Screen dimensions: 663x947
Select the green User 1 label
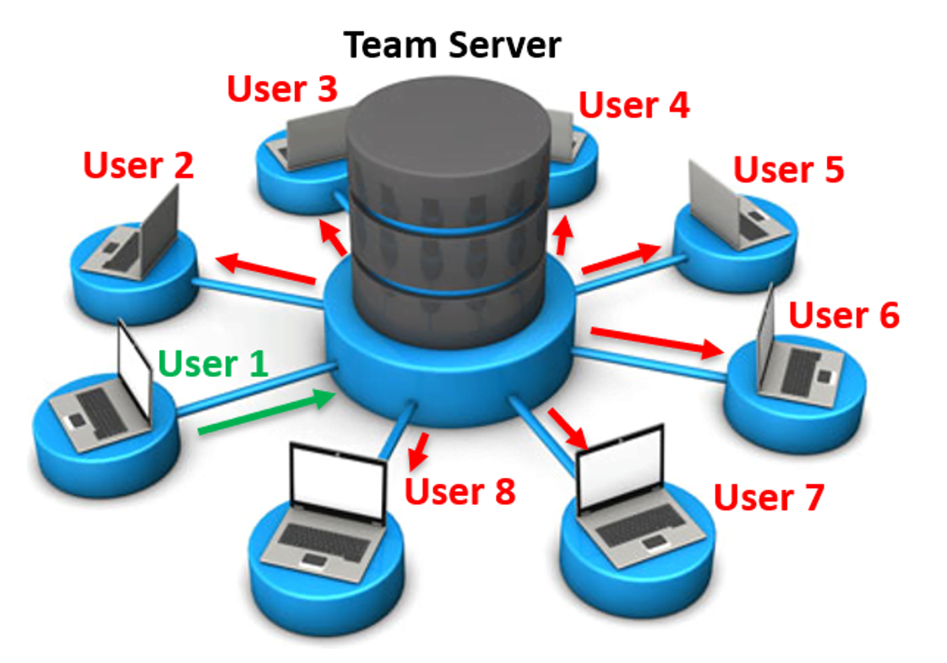coord(213,364)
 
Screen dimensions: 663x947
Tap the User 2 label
coord(139,166)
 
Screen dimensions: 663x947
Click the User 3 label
coord(282,89)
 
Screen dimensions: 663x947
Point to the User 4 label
coord(634,106)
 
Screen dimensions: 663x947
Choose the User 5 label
coord(788,170)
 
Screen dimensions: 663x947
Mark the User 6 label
coord(844,315)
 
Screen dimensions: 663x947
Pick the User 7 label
coord(768,497)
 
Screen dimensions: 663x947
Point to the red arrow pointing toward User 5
coord(621,258)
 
